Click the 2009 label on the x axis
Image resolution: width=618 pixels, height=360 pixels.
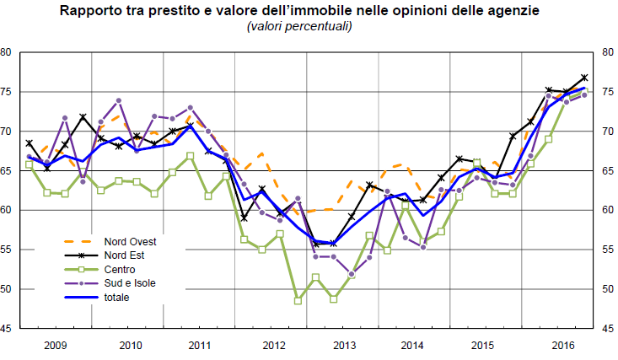pyautogui.click(x=55, y=345)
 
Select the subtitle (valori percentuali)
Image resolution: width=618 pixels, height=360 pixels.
pyautogui.click(x=298, y=27)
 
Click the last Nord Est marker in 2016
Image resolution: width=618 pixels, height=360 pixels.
pyautogui.click(x=584, y=78)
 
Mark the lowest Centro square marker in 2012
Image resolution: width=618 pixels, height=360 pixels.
pyautogui.click(x=298, y=300)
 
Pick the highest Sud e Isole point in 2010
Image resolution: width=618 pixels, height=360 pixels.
pyautogui.click(x=118, y=100)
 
